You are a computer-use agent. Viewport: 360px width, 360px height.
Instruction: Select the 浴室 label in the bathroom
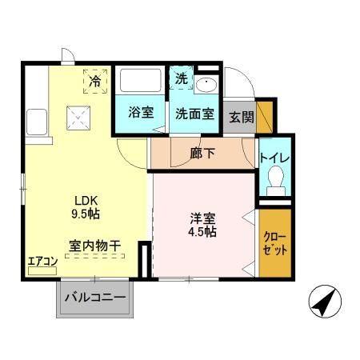[x=141, y=113]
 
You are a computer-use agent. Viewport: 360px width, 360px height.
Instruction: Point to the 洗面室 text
[x=195, y=113]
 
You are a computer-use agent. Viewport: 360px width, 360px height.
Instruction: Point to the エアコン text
[x=41, y=260]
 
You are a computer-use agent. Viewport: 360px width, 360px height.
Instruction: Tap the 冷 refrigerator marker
[x=95, y=81]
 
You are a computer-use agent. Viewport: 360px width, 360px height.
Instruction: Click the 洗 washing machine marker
[x=182, y=80]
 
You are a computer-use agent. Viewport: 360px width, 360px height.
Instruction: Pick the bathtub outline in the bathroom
[x=140, y=83]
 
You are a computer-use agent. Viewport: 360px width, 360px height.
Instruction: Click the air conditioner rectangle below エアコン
[x=42, y=271]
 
